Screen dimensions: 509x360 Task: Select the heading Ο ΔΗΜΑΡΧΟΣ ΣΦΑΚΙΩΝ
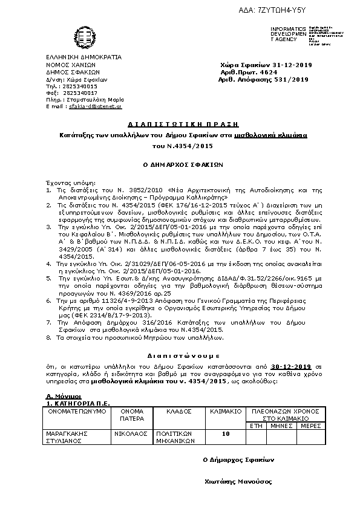click(x=179, y=163)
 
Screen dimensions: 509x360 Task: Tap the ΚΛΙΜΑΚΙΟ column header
click(x=226, y=411)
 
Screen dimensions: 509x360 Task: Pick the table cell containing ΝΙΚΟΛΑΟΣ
click(x=128, y=433)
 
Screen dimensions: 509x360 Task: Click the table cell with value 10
click(x=226, y=433)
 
